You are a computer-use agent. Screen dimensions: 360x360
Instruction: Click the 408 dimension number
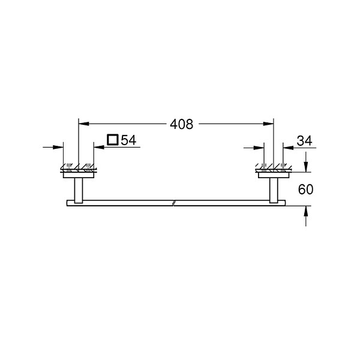tap(181, 124)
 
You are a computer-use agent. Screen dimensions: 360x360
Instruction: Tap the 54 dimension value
tap(128, 140)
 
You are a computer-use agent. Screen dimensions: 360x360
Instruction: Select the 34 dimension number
tap(304, 141)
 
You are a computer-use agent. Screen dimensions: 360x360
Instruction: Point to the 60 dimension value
tap(305, 190)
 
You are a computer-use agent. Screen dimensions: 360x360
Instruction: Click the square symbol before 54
tap(113, 140)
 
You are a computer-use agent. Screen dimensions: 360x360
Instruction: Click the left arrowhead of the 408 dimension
tap(83, 124)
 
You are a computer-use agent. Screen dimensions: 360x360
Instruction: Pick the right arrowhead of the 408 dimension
tap(268, 124)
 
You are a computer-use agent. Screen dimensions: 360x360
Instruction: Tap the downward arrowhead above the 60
tap(306, 167)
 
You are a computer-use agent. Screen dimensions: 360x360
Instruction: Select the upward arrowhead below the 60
tap(306, 211)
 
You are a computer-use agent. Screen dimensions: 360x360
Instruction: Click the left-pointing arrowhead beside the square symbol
tap(99, 147)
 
